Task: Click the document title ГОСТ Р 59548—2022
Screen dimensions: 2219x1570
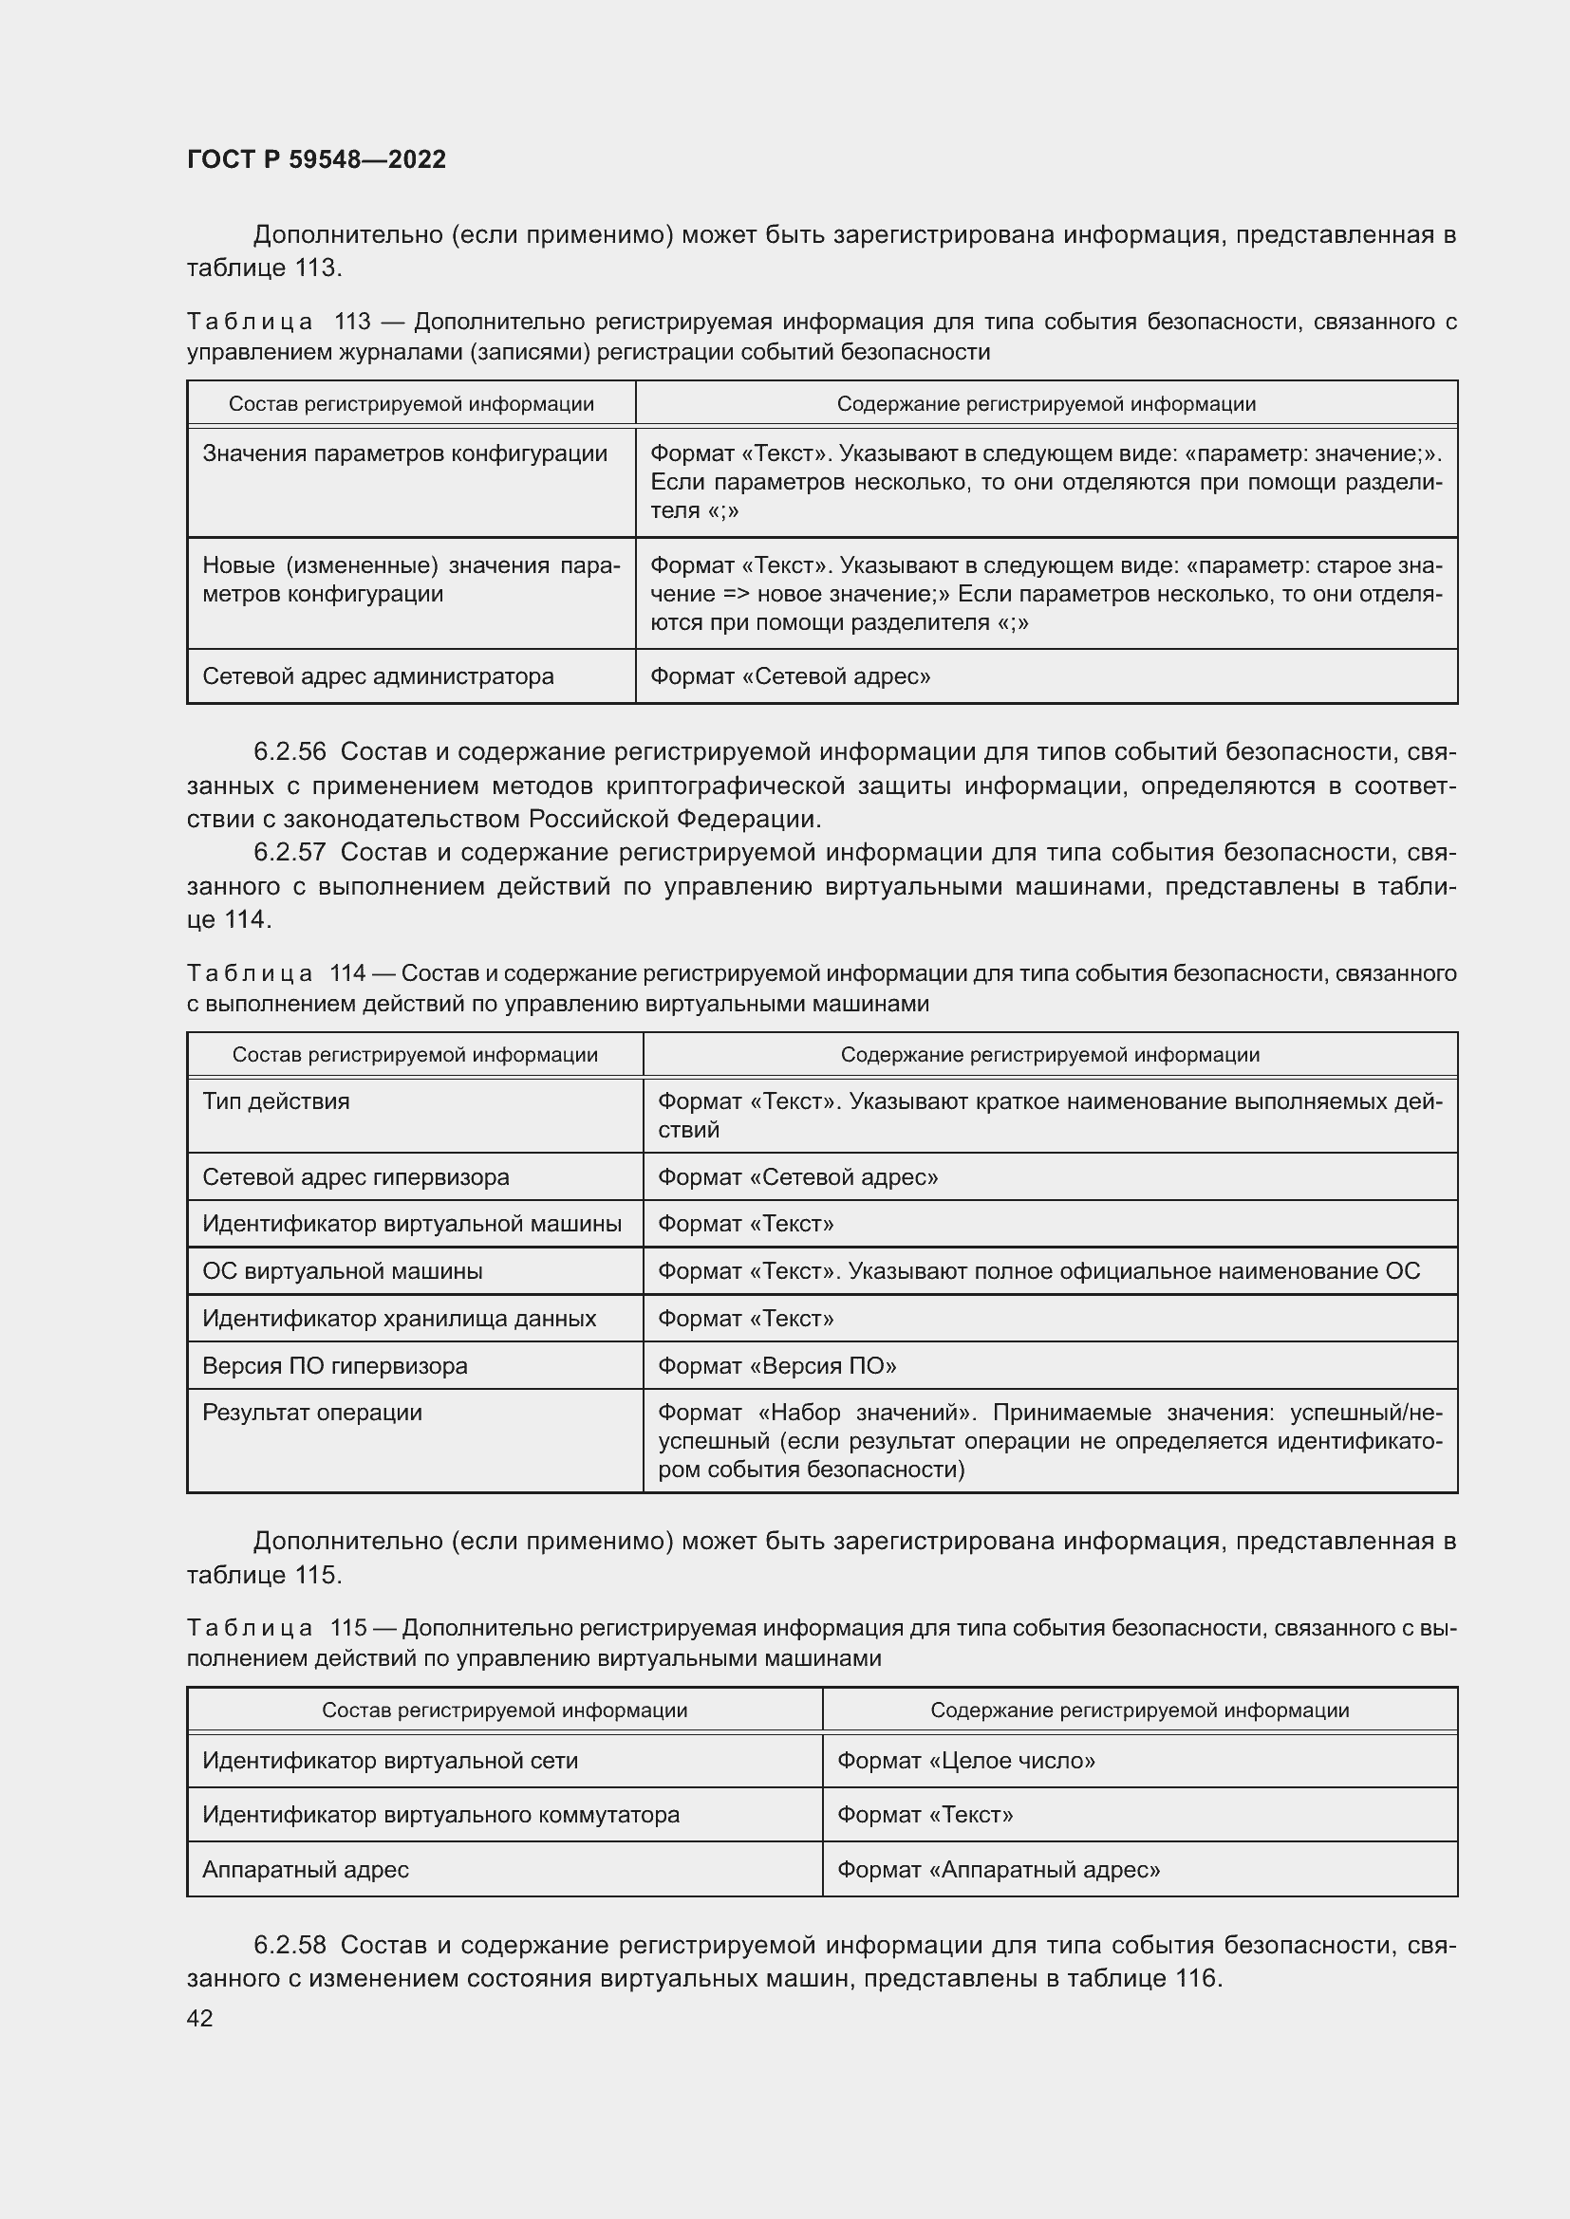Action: pos(316,159)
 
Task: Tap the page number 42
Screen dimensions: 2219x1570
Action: pos(199,2018)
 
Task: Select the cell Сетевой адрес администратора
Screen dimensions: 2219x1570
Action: pos(378,676)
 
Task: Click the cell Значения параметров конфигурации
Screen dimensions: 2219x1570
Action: pos(405,453)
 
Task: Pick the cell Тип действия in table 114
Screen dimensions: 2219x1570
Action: pos(276,1101)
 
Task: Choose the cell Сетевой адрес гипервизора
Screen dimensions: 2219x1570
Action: pos(356,1177)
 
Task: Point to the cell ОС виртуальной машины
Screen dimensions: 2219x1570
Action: pos(343,1271)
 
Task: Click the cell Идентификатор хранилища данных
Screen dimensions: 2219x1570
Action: pos(400,1319)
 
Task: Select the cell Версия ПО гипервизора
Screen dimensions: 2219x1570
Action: pos(334,1365)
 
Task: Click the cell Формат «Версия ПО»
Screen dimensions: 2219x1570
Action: pos(777,1365)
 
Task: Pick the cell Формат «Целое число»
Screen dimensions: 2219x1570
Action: pos(965,1761)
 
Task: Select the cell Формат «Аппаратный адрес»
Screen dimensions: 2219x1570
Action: pos(999,1869)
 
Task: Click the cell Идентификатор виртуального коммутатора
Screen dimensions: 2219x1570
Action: pos(440,1815)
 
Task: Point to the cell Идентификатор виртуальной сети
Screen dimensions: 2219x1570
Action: pos(389,1761)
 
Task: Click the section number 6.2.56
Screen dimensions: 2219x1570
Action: pos(290,752)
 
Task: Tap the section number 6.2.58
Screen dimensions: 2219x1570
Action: pos(290,1945)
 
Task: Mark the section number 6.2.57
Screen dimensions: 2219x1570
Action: pos(290,853)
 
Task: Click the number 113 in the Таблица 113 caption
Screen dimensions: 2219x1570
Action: pos(352,322)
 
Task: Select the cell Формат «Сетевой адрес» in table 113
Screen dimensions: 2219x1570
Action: pos(790,676)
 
